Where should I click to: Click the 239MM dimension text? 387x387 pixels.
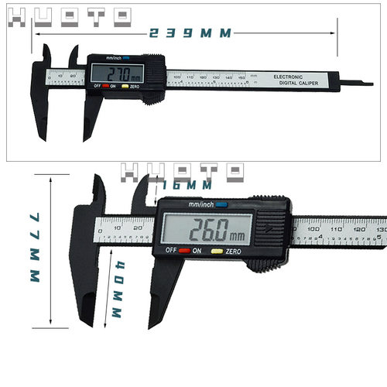(x=190, y=33)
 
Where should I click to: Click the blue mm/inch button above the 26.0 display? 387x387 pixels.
(x=222, y=205)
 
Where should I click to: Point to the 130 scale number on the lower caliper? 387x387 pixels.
(x=380, y=229)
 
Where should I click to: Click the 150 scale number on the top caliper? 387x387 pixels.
(x=241, y=77)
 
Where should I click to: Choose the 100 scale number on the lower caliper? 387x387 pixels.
(x=313, y=229)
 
